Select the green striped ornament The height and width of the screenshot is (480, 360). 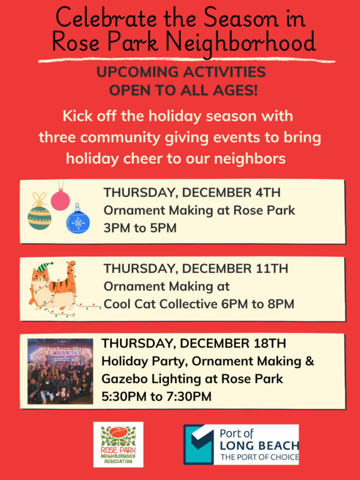[x=39, y=216]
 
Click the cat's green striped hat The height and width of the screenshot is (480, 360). [x=43, y=267]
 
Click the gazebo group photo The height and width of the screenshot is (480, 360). [x=60, y=371]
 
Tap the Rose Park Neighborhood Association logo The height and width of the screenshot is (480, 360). [x=118, y=444]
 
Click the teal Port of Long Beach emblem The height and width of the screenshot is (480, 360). [x=199, y=444]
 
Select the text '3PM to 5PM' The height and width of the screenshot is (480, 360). [x=140, y=228]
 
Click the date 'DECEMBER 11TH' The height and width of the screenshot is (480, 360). [x=235, y=269]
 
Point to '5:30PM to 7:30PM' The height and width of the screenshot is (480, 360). [x=157, y=397]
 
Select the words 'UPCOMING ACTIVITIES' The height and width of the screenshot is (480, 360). [x=181, y=72]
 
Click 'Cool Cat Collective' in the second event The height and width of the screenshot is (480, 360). [x=160, y=304]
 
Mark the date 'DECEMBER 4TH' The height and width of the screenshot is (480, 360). [x=231, y=193]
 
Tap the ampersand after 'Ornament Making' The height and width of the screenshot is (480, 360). [x=310, y=361]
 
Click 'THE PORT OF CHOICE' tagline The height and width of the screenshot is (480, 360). [x=260, y=457]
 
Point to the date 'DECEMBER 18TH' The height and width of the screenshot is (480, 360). [x=233, y=343]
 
